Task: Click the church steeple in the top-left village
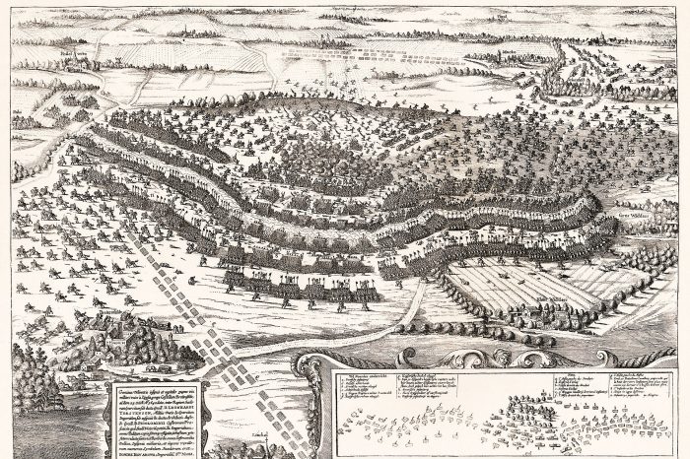[74, 59]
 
